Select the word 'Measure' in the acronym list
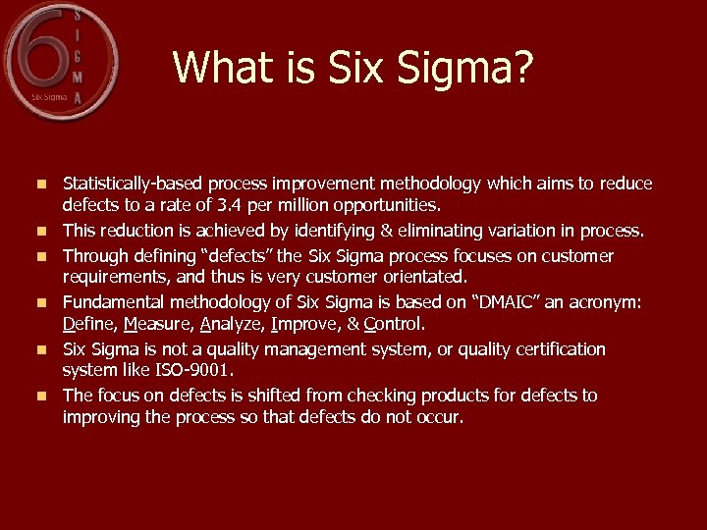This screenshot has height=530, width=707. [157, 324]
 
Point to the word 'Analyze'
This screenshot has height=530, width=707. [234, 324]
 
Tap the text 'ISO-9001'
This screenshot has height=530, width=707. [199, 370]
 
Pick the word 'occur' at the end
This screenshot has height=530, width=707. [438, 417]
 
